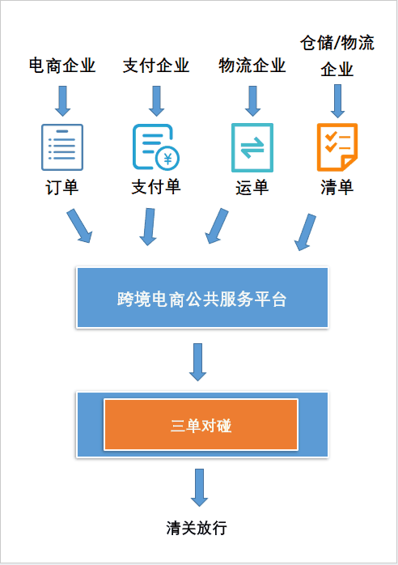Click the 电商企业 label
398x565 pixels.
(x=62, y=66)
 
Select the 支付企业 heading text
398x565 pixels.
(x=156, y=66)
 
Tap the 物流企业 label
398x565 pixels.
(x=252, y=66)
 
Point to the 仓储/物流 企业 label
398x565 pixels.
(x=337, y=56)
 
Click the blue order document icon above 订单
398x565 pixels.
(x=62, y=147)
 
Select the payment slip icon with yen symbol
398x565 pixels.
(x=156, y=147)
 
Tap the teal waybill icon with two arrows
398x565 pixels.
(x=252, y=147)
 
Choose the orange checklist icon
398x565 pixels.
(x=337, y=147)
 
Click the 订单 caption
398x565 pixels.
(x=62, y=187)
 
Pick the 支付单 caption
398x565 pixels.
(x=156, y=187)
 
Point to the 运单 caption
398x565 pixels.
(x=252, y=188)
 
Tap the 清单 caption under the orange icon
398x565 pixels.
(x=337, y=188)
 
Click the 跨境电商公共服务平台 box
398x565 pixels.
(x=202, y=298)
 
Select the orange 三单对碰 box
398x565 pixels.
(x=201, y=424)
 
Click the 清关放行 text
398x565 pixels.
(x=197, y=528)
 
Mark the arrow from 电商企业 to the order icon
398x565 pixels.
(x=62, y=101)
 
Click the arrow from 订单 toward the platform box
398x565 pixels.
(x=79, y=226)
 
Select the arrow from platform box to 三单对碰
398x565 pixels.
(x=197, y=362)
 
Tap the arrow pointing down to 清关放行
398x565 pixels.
(x=199, y=487)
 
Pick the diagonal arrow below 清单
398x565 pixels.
(x=306, y=232)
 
